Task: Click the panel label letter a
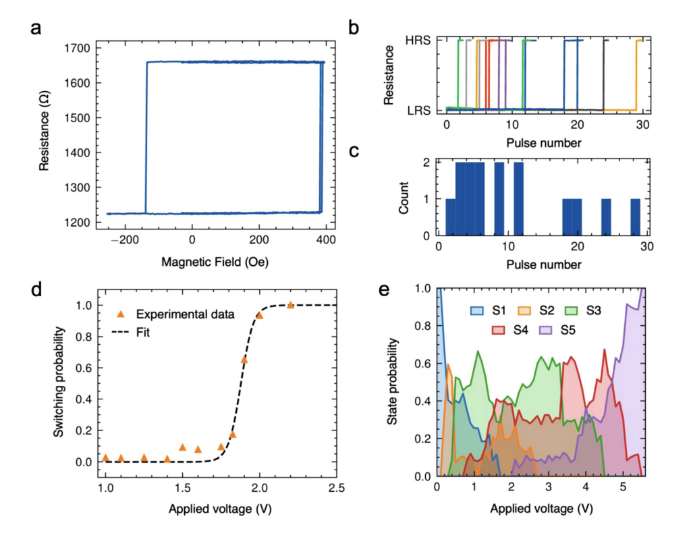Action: pyautogui.click(x=37, y=30)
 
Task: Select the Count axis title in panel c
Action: pyautogui.click(x=403, y=198)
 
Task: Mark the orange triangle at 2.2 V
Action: pyautogui.click(x=291, y=305)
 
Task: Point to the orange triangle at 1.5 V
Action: pyautogui.click(x=182, y=447)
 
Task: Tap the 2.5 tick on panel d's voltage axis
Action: pyautogui.click(x=337, y=487)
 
